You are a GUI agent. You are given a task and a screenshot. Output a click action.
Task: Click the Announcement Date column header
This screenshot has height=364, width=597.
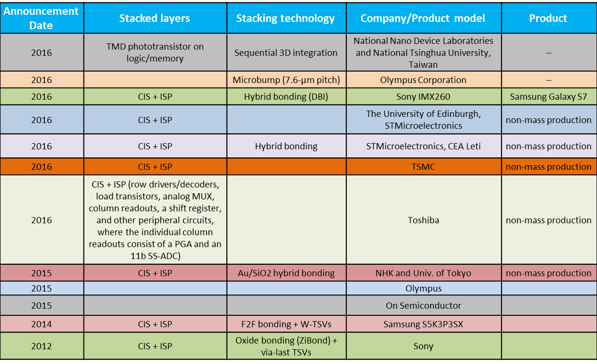(41, 18)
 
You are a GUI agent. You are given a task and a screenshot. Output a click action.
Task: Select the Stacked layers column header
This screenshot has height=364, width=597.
(155, 18)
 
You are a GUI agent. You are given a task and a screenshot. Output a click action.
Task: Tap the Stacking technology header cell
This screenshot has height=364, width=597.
(286, 18)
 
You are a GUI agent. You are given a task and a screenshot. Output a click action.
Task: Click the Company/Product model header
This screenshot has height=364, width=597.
(423, 18)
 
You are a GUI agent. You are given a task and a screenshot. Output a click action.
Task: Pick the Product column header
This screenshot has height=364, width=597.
(548, 18)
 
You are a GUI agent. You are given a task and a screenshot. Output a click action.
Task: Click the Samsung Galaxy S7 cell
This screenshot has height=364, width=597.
(548, 96)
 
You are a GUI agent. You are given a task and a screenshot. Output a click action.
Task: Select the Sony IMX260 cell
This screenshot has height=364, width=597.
(423, 96)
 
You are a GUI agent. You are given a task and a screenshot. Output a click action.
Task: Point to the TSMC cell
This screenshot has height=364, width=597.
(423, 166)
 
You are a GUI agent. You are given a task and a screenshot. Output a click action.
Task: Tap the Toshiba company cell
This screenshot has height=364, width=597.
(423, 220)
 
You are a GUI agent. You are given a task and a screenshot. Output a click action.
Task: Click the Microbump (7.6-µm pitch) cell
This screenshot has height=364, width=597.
(286, 80)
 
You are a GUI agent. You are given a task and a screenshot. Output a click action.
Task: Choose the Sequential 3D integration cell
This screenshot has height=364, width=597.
(286, 52)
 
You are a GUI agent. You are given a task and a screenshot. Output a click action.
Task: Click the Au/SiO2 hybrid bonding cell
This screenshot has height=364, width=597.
(286, 273)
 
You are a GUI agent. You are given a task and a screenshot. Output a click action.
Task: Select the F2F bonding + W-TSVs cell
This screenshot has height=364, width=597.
(286, 324)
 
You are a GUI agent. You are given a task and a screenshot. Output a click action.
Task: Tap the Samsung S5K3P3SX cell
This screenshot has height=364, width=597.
(423, 324)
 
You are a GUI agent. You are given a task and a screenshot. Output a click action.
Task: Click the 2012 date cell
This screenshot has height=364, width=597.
(42, 346)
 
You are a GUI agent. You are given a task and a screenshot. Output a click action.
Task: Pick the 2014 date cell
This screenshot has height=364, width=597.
(42, 324)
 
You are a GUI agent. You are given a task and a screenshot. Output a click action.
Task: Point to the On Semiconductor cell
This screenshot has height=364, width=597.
(423, 305)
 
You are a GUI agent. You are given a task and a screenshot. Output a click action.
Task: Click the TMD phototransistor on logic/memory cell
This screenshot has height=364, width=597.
(155, 52)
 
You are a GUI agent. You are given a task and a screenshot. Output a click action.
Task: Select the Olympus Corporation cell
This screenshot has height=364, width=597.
(423, 80)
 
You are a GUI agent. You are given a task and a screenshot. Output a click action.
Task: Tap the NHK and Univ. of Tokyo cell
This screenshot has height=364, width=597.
(423, 273)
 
